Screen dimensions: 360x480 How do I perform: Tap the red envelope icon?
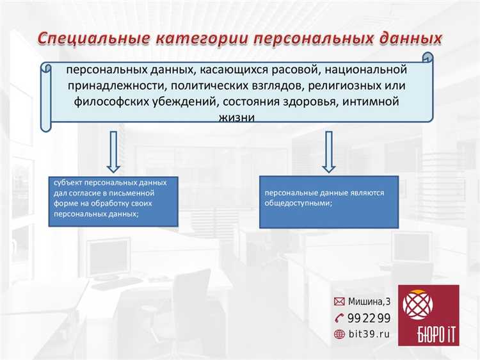click(x=340, y=301)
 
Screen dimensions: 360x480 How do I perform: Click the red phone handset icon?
click(x=340, y=318)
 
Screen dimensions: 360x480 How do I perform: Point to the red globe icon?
click(x=340, y=334)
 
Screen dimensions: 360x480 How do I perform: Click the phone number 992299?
click(x=369, y=318)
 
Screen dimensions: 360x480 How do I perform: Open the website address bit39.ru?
click(x=369, y=334)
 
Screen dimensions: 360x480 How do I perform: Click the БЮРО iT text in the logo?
click(x=428, y=334)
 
